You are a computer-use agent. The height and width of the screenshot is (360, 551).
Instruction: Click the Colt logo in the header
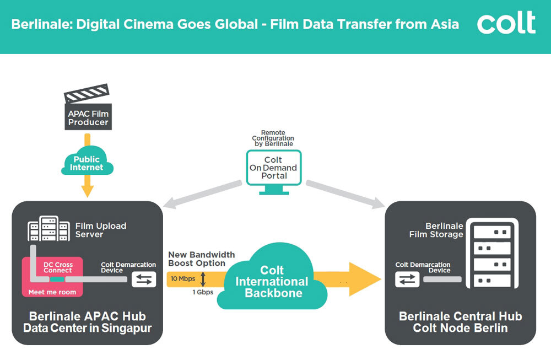point(506,24)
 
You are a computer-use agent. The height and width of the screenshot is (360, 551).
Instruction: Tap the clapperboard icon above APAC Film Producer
point(87,94)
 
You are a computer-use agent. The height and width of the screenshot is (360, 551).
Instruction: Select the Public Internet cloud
point(87,163)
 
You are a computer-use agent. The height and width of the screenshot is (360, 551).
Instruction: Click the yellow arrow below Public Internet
point(87,188)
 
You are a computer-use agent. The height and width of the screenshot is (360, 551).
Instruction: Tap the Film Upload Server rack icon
point(49,230)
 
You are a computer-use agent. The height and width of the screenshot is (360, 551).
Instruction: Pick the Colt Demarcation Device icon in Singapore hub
point(144,280)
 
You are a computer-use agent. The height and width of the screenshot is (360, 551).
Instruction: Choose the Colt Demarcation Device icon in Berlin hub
point(407,280)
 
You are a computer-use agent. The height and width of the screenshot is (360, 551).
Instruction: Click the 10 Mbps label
point(182,279)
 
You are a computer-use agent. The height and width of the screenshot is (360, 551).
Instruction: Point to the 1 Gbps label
point(202,292)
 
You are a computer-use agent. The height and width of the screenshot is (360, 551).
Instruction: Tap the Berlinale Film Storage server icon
point(491,253)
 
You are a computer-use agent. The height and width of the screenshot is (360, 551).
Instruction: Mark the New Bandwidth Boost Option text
point(201,259)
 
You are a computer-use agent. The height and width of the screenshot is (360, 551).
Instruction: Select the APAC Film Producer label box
point(88,117)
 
